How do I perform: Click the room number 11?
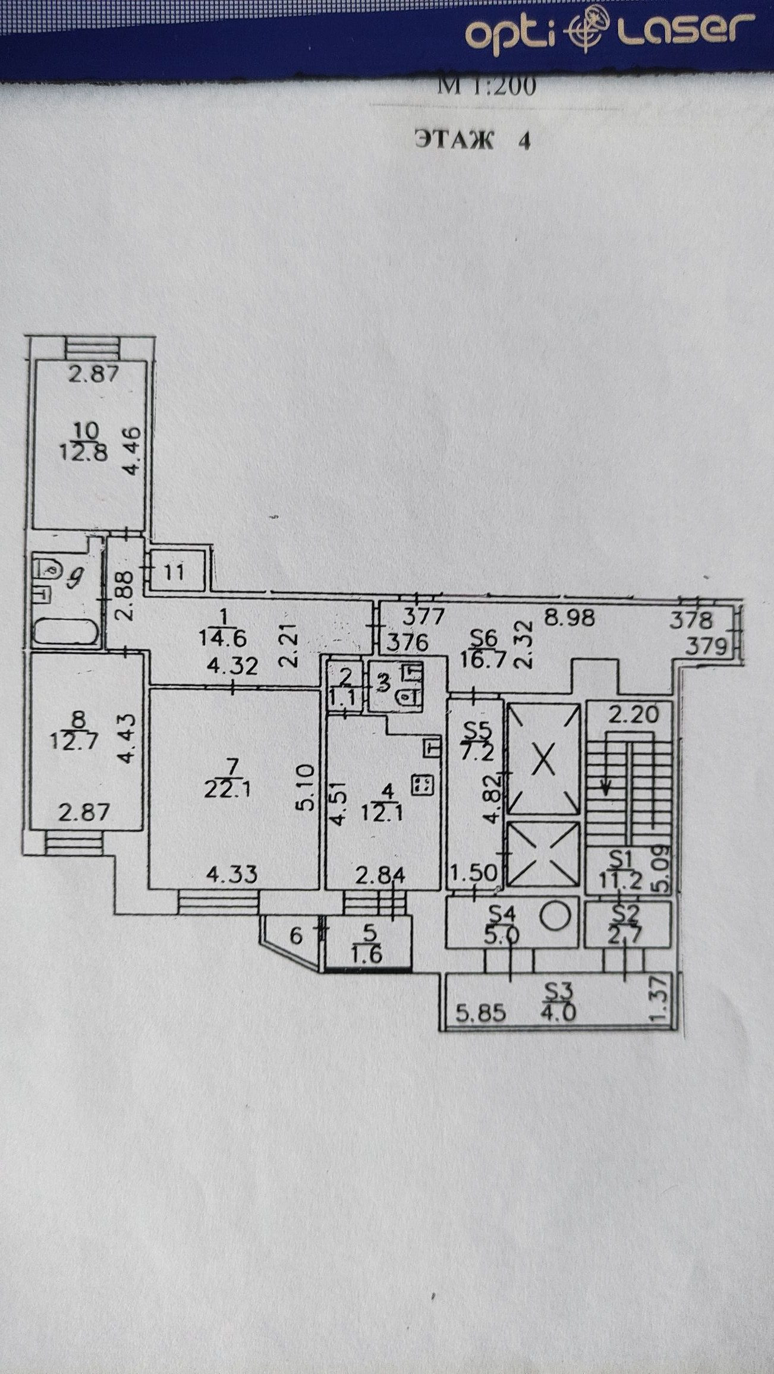coord(174,573)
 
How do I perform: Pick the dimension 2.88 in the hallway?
coord(124,588)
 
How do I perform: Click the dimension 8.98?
coord(570,618)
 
